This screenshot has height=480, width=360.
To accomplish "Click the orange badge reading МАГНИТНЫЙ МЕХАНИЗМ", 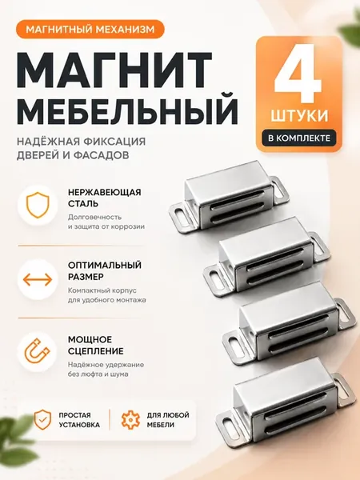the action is [90, 29].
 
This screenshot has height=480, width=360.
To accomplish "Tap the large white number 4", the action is [298, 74].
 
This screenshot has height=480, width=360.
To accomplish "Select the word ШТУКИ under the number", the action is [299, 116].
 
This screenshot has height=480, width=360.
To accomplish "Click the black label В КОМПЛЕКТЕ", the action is [299, 138].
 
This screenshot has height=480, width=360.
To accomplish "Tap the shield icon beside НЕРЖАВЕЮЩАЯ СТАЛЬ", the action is [38, 205].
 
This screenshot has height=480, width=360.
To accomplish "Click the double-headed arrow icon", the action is [38, 279].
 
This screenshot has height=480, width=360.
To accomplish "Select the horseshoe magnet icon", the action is [38, 351].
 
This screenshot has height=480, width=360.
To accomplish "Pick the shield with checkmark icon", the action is [42, 419].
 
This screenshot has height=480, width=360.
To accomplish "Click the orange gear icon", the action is [130, 420].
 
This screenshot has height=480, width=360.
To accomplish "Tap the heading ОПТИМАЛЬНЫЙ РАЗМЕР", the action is [105, 270].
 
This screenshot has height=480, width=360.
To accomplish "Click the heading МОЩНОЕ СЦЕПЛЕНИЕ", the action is [96, 345].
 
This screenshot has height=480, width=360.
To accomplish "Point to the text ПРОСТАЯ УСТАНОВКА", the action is [79, 420].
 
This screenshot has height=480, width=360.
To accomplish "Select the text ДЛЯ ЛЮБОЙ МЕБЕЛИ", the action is [168, 420].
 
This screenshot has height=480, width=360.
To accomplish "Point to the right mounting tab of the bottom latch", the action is [345, 390].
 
